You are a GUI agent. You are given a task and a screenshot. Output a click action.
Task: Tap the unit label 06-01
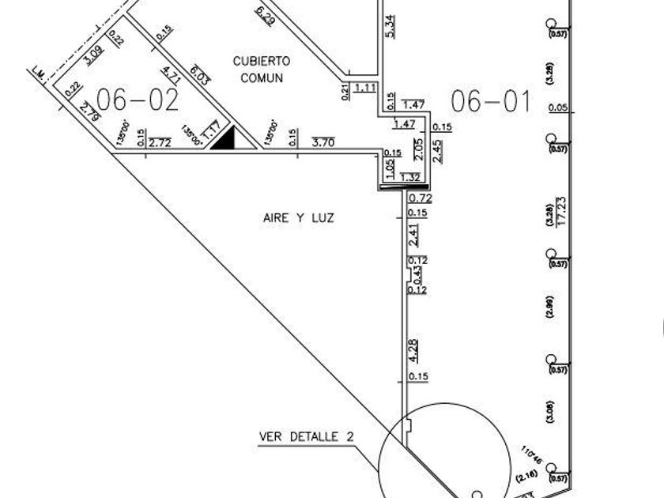[490, 101]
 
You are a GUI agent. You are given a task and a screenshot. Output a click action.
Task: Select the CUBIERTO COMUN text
[262, 69]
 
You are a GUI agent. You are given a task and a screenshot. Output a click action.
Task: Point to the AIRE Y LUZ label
[298, 217]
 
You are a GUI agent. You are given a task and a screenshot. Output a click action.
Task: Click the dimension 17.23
[562, 211]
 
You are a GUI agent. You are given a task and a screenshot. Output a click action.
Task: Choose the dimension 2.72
[160, 143]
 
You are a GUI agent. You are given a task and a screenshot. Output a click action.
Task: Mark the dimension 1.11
[365, 88]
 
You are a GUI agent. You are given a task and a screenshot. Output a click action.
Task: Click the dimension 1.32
[411, 177]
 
